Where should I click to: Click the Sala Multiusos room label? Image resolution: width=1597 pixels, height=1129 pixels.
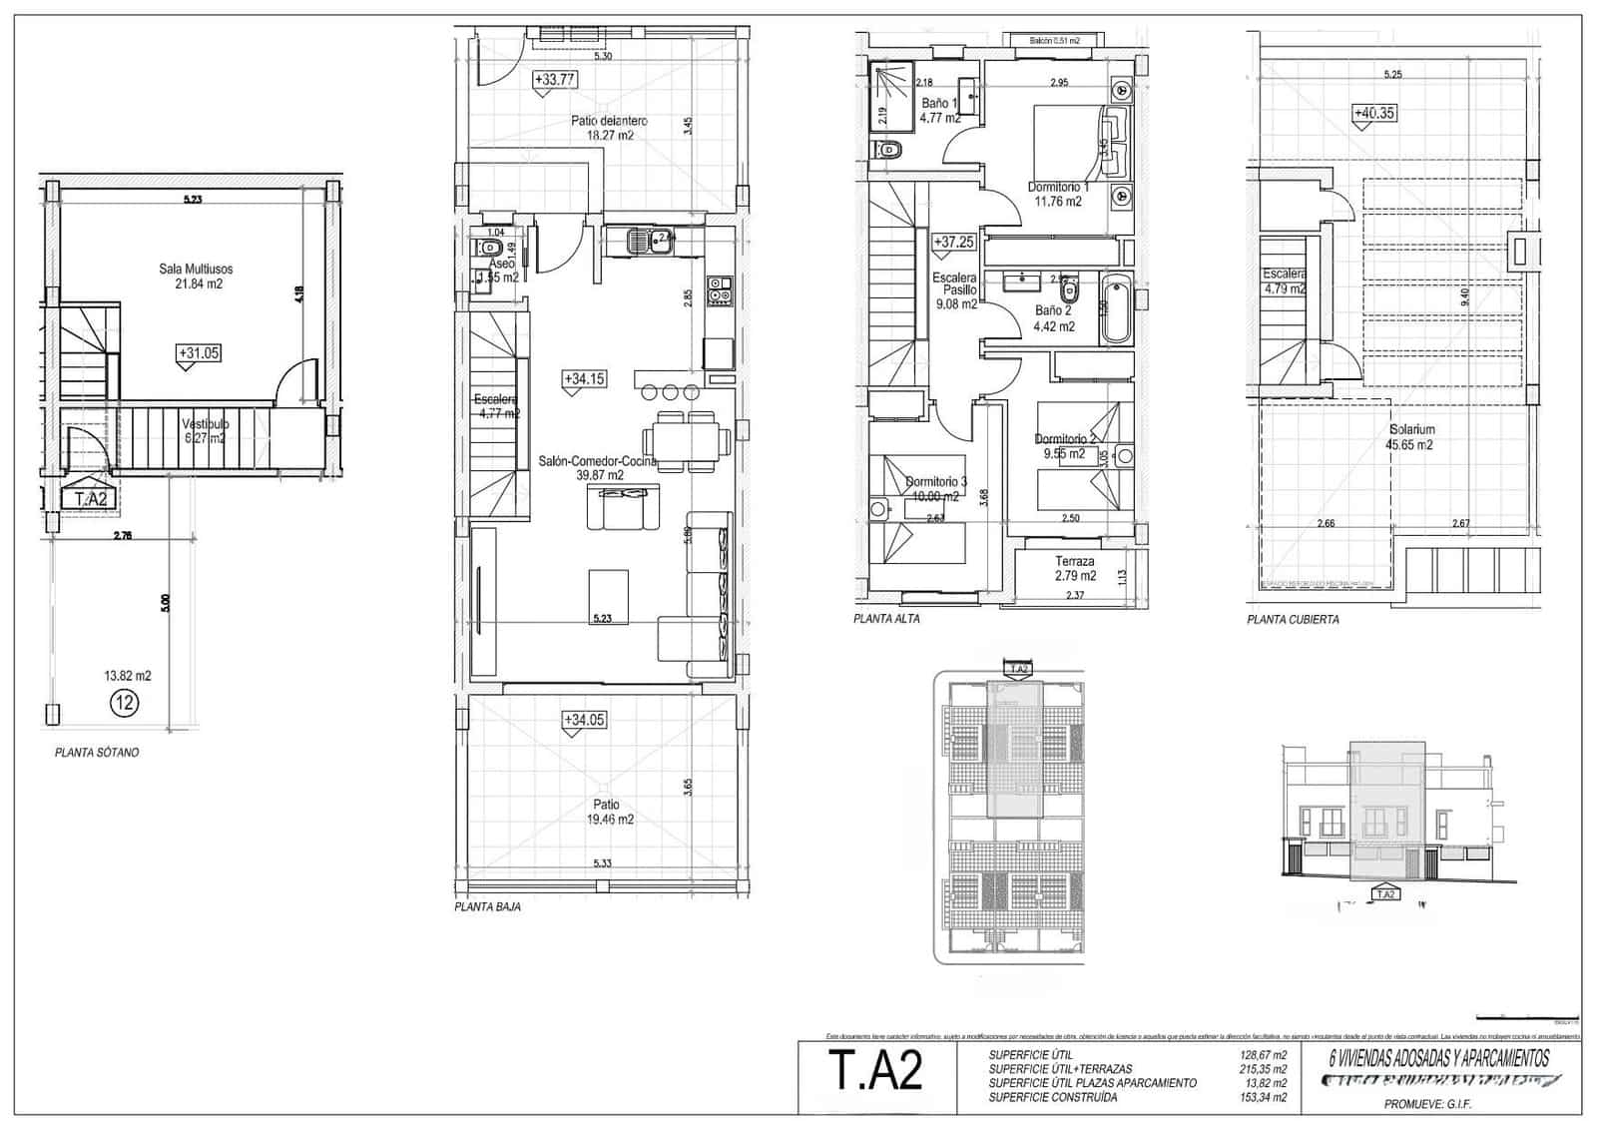(x=196, y=276)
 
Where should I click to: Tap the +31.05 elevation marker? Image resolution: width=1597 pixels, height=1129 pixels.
(x=198, y=352)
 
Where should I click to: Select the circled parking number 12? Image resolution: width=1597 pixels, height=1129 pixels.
(x=125, y=703)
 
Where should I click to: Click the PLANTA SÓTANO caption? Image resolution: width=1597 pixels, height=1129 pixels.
(x=97, y=753)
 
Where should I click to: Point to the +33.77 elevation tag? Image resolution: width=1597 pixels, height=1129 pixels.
(x=555, y=79)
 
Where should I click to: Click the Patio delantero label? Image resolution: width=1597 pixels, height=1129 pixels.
(x=609, y=128)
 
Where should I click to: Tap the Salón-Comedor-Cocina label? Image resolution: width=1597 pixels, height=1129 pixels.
(x=598, y=468)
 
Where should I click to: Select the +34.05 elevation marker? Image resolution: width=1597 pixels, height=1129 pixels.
(x=584, y=720)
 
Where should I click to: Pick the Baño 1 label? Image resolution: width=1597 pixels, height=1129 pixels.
(x=939, y=110)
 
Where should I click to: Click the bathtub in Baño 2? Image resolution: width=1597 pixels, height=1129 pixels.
(x=1116, y=307)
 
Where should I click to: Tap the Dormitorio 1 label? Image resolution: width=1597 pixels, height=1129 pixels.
(x=1058, y=194)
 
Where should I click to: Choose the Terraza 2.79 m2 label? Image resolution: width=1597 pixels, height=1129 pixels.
(x=1075, y=568)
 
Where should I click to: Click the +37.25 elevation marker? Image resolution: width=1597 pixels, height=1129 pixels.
(x=953, y=243)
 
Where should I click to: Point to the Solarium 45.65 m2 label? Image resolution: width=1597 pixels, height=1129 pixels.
(x=1409, y=437)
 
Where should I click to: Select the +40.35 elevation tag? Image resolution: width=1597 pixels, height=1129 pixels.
(x=1373, y=114)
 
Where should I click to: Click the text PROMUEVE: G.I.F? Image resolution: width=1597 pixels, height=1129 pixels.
(x=1427, y=1104)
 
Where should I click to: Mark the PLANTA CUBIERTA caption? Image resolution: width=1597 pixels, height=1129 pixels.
(x=1293, y=620)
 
